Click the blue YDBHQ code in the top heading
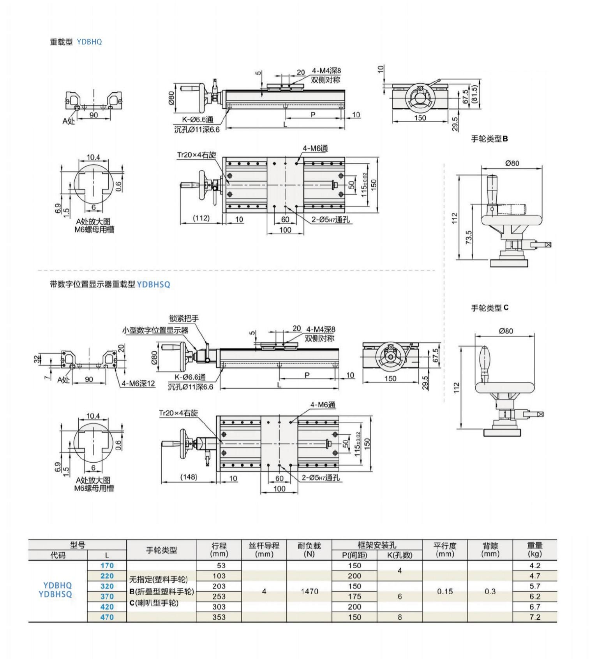89,42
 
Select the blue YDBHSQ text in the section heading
153,285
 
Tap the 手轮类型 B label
489,139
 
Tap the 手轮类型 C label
490,308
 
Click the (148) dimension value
189,477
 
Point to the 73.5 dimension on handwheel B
469,237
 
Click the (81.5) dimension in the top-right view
474,94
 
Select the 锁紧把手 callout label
184,318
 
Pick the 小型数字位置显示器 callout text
155,330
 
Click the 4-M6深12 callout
138,384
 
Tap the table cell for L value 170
107,566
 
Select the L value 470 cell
107,617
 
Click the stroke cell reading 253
219,597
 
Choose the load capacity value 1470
309,591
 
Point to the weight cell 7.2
535,617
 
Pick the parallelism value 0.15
445,591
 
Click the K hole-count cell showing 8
400,617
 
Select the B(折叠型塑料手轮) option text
162,592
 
